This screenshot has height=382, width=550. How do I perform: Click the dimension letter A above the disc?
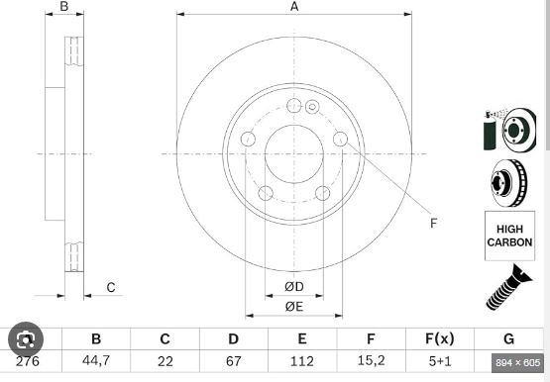[x=294, y=6]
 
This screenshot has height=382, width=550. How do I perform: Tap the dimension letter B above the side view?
[x=64, y=6]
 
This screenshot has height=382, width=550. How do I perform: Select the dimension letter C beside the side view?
[x=111, y=287]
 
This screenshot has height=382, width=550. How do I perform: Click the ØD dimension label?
[x=294, y=287]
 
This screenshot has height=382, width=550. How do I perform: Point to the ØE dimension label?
[x=294, y=307]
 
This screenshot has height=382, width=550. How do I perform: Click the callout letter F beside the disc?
[x=434, y=223]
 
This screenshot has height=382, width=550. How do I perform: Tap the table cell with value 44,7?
[x=96, y=360]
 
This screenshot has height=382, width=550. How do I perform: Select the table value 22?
[x=165, y=361]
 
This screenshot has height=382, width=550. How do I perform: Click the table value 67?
[x=234, y=361]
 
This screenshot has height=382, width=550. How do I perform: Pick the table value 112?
[x=302, y=361]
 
